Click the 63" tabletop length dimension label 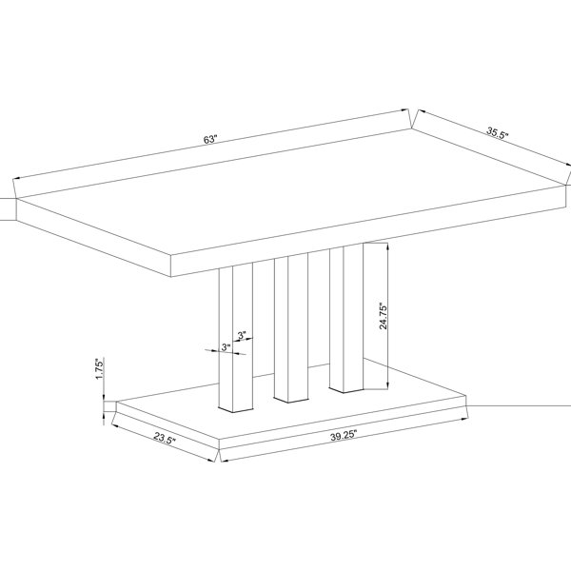click(x=210, y=140)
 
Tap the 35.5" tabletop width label click(x=498, y=132)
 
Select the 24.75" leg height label click(x=384, y=315)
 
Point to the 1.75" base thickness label click(x=100, y=368)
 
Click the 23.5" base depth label click(x=165, y=438)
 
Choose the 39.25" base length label click(x=344, y=436)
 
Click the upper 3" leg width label click(x=242, y=335)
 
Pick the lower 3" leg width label click(x=226, y=347)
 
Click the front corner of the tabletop click(x=171, y=256)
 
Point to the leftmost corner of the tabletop click(x=16, y=199)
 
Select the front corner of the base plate click(x=219, y=440)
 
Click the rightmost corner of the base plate click(x=466, y=396)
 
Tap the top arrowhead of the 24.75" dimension click(x=387, y=246)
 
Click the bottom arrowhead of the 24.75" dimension click(x=387, y=385)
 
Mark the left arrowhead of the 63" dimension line click(x=17, y=179)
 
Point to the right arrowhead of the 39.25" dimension click(x=464, y=419)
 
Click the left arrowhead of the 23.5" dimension click(x=115, y=424)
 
